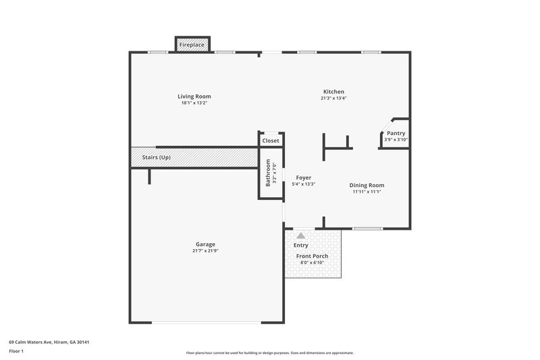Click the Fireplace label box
(x=192, y=45)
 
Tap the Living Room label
(x=194, y=97)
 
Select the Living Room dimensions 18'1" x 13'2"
(x=194, y=103)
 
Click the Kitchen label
(x=333, y=92)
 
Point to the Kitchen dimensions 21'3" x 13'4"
(x=333, y=99)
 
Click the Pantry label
(x=396, y=133)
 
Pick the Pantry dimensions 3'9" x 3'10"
(x=396, y=140)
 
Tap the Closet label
(x=271, y=140)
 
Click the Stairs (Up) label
(x=156, y=157)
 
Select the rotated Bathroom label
(x=268, y=173)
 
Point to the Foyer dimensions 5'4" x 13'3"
(x=304, y=184)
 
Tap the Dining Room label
(x=367, y=185)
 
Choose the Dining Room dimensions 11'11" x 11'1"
(x=367, y=192)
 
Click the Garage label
(x=205, y=244)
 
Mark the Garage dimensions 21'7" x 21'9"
(x=205, y=251)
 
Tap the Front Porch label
(x=311, y=256)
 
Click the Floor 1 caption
(x=17, y=351)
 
